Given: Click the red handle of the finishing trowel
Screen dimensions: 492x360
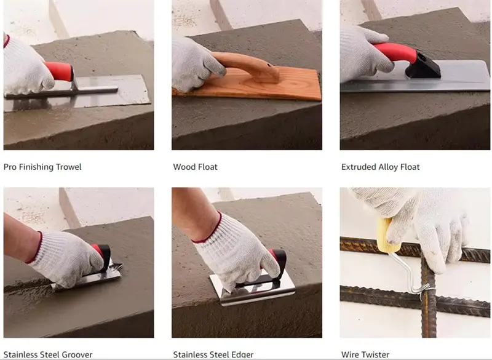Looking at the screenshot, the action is (59, 71).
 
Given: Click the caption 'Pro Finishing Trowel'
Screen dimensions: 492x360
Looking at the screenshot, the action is (42, 167).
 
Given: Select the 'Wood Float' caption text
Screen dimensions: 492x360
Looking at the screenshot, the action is (195, 167).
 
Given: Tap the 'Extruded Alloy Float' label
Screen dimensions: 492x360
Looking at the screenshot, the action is (380, 167).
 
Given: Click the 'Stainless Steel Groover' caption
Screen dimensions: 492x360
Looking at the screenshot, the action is (48, 354).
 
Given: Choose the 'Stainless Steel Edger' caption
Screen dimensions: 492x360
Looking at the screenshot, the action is (213, 354).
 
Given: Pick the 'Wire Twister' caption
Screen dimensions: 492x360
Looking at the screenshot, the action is (365, 354).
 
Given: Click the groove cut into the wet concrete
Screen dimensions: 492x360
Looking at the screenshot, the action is (28, 286).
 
